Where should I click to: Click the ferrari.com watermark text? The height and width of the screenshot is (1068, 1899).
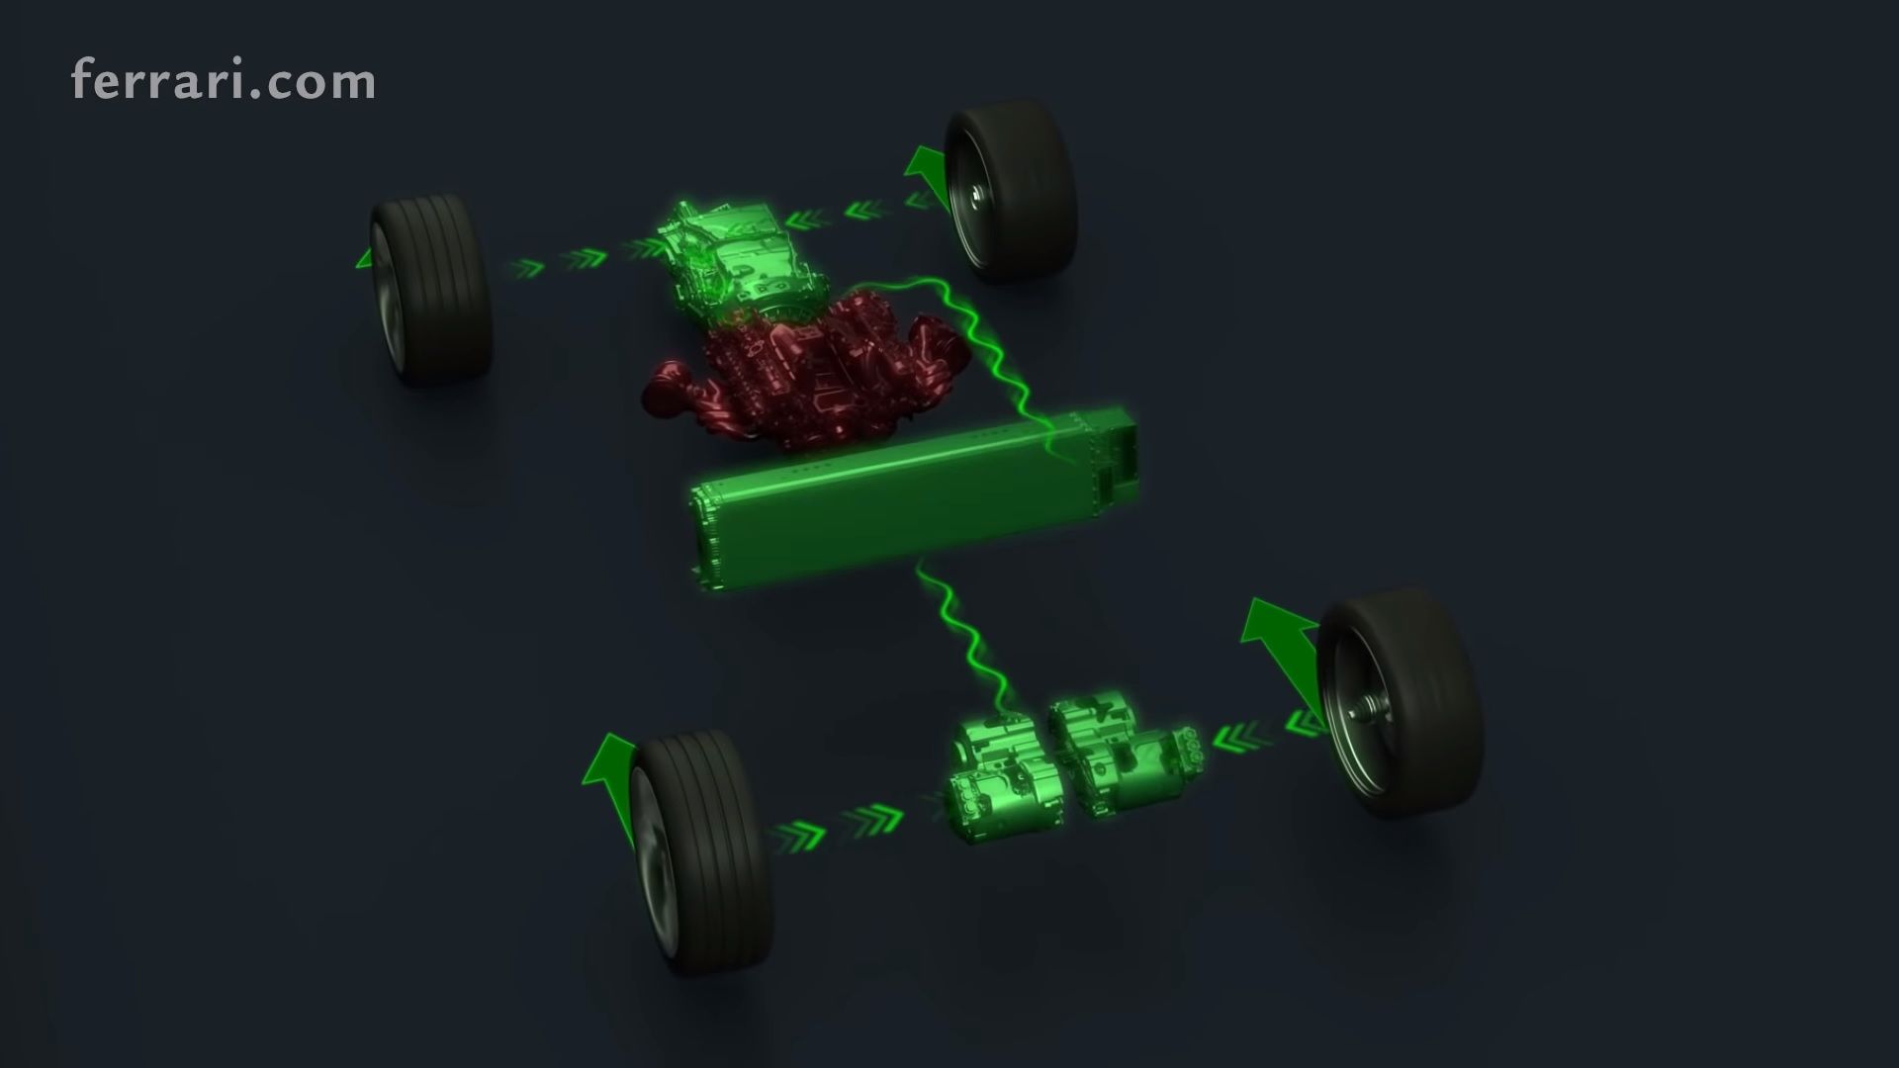pos(224,81)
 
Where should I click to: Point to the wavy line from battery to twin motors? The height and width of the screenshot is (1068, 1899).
pos(964,639)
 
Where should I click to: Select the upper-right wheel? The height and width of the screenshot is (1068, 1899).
pos(1009,192)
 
